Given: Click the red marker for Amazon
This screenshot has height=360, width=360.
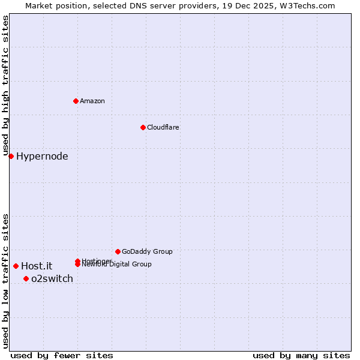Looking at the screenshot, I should point(76,101).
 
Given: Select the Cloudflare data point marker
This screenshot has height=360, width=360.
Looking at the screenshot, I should point(143,127).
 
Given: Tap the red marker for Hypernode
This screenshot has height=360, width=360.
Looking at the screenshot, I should point(11,157).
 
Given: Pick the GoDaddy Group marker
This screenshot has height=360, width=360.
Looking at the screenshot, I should point(118,251).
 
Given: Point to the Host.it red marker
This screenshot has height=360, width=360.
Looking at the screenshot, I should point(16,266).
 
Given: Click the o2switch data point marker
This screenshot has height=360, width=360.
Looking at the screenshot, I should point(26,278).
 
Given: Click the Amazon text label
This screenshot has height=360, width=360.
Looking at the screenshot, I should point(92,101).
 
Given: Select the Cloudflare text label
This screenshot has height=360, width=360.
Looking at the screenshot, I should point(163,127).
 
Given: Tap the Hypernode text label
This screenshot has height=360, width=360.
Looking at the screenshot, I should point(42,157).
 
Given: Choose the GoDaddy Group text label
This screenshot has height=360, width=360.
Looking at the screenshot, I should point(147,251).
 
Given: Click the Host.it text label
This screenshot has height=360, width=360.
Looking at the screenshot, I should point(37,266).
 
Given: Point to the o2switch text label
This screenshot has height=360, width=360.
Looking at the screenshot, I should point(52,278).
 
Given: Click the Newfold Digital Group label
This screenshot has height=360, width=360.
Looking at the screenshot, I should point(117,265).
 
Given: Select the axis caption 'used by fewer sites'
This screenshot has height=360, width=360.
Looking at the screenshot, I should point(62,355).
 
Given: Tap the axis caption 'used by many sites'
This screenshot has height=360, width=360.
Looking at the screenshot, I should point(301,355).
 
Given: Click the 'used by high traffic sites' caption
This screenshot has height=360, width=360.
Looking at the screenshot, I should point(5,86).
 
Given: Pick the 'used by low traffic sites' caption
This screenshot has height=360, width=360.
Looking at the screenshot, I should point(5,281).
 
